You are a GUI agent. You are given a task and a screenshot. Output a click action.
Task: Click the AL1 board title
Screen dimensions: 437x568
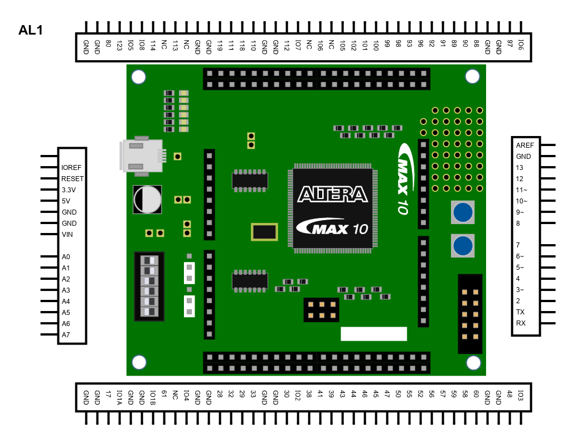[31, 31]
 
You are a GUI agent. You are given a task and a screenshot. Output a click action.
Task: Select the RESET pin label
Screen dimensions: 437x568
[72, 179]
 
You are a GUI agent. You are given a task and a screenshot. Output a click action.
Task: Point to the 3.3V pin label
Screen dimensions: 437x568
[69, 190]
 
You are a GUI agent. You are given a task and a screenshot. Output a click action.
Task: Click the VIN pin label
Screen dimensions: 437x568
[67, 235]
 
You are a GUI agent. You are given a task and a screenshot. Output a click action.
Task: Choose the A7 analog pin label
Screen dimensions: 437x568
[66, 335]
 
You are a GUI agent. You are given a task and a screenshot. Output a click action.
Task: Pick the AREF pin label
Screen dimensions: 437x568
[525, 145]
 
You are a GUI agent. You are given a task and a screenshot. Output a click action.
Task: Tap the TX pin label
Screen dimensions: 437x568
[520, 312]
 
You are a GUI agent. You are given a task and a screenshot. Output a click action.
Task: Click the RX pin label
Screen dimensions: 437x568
[521, 323]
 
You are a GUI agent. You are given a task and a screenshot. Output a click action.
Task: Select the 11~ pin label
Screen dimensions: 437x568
[522, 190]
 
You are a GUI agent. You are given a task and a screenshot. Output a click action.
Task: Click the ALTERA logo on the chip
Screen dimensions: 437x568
[333, 194]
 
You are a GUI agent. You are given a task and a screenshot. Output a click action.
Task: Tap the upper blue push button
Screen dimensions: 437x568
[463, 212]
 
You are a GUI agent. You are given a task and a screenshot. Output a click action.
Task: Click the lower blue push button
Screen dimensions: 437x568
[463, 246]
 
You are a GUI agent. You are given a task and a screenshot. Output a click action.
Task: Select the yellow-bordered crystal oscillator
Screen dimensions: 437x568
[264, 232]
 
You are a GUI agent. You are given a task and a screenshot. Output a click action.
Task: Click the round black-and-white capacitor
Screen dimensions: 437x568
[147, 199]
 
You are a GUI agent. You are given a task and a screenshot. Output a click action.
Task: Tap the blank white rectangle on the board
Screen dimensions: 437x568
[373, 334]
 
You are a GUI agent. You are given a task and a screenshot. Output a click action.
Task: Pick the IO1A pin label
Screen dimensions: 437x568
[119, 397]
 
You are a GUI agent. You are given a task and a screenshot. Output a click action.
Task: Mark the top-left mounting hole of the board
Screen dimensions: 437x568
[138, 76]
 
